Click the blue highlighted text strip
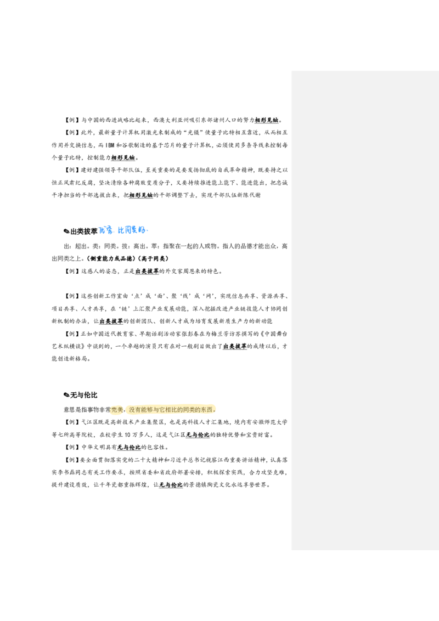point(123,230)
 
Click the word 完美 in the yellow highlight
point(117,410)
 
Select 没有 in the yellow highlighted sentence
point(135,410)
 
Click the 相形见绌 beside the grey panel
point(266,120)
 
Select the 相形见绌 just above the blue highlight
point(140,195)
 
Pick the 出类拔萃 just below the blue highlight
point(147,270)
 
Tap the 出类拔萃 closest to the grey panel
point(235,346)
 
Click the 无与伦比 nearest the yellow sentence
point(198,435)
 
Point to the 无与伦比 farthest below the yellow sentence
point(171,485)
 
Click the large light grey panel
point(364,311)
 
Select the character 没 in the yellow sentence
point(132,410)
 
